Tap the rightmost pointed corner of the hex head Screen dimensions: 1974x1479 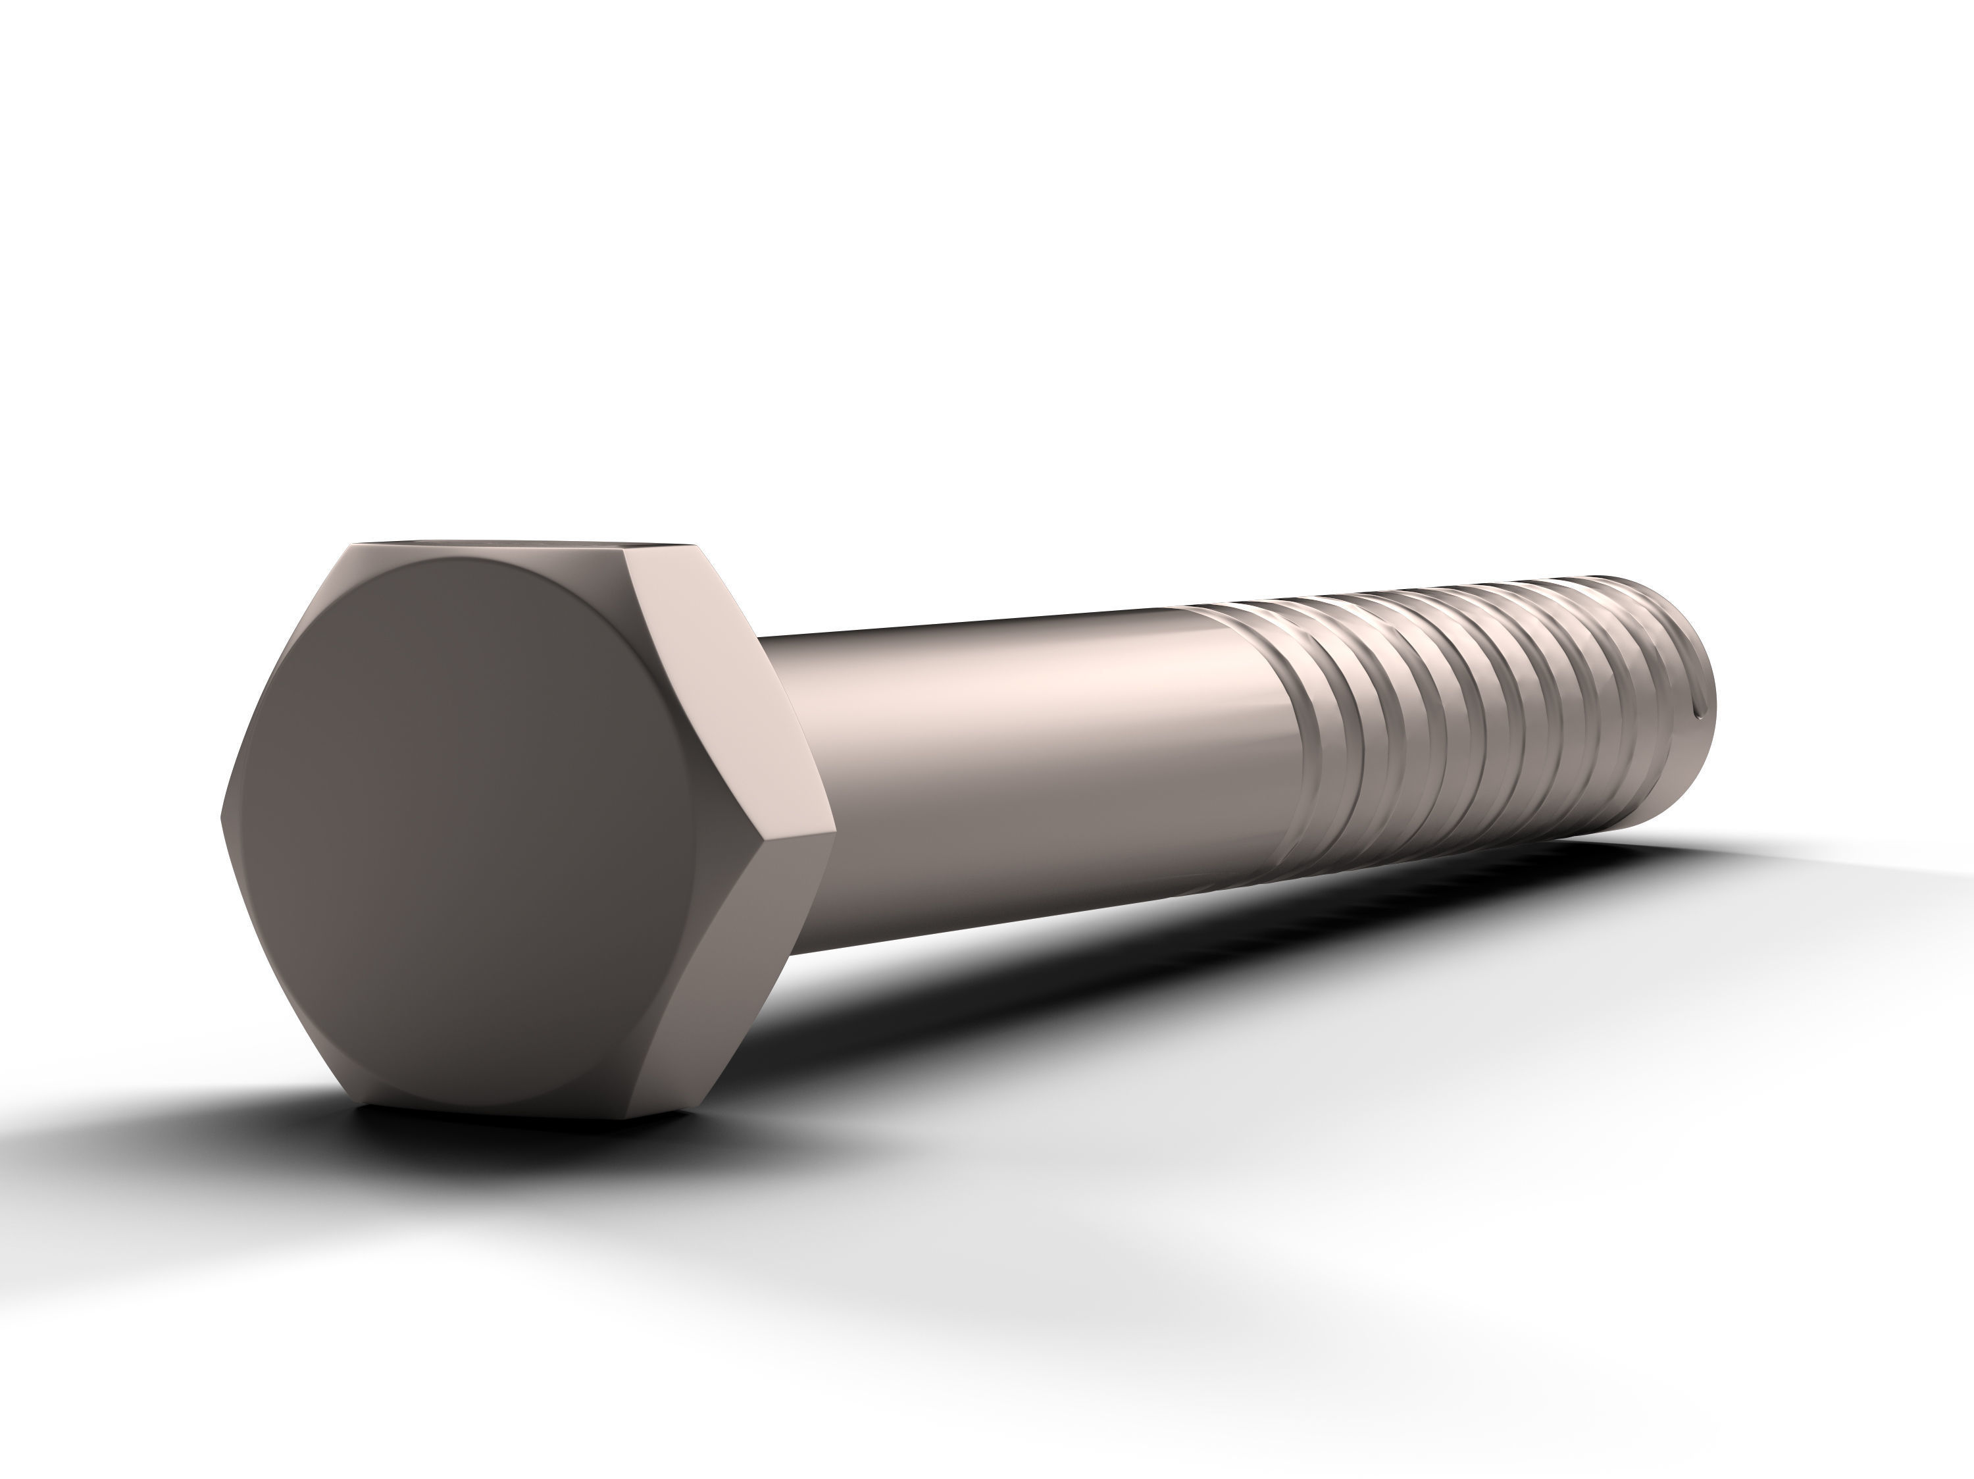(x=834, y=832)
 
